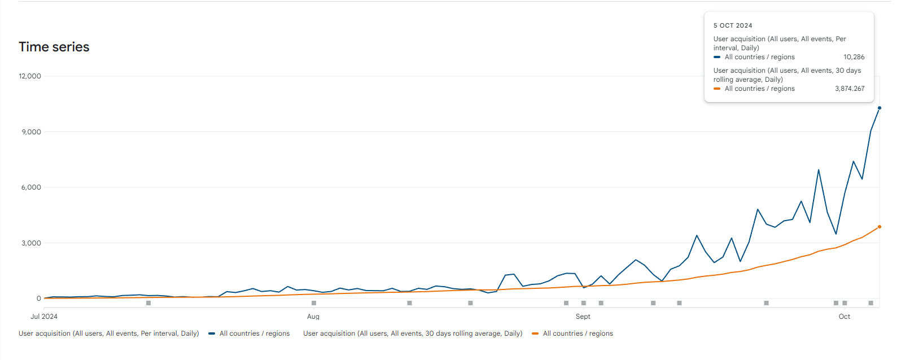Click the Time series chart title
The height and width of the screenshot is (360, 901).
pos(54,47)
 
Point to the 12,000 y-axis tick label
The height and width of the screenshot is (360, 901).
pos(30,76)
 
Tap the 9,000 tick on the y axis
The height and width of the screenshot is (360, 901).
pos(31,132)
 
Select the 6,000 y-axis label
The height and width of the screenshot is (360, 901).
pos(31,187)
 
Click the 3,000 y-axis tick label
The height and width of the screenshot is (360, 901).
pos(31,243)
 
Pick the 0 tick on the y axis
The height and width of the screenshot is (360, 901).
pos(39,298)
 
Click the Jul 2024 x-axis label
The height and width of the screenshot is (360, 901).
pos(44,317)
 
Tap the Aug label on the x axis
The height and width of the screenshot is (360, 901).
pos(313,317)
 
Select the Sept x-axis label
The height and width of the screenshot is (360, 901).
pos(583,317)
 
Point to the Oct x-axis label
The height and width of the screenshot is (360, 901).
pos(845,317)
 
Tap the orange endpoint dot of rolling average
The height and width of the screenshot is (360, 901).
pos(880,227)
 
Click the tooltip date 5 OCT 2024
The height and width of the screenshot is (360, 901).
pos(733,25)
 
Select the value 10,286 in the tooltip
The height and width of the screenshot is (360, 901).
pos(854,57)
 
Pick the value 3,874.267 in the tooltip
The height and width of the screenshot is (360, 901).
pos(850,89)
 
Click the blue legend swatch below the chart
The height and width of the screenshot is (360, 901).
pos(212,333)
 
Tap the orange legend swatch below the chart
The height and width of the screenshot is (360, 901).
pos(535,333)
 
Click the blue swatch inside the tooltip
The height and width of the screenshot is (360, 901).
pos(717,57)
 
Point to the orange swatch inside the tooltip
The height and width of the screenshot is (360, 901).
pos(717,89)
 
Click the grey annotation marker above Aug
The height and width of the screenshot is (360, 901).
pos(314,303)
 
